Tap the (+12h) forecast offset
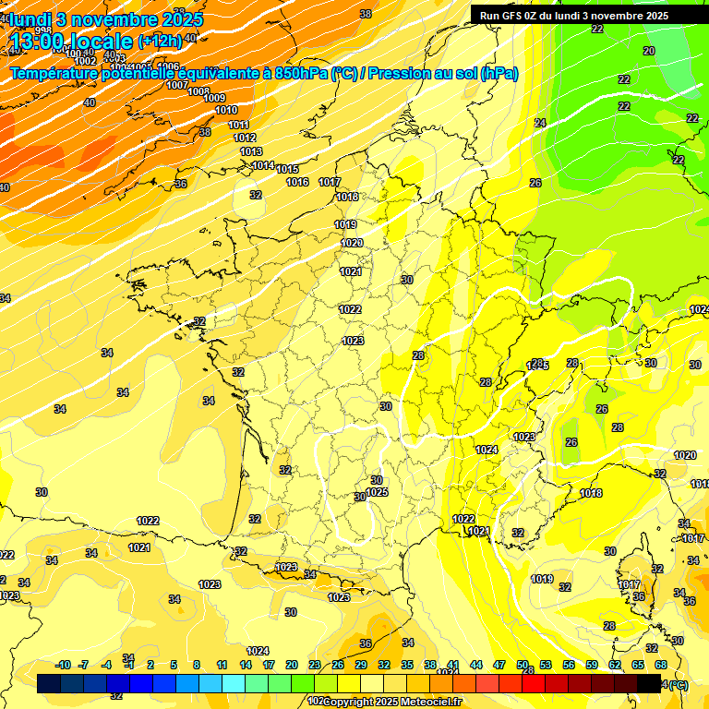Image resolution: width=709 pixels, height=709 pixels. pyautogui.click(x=160, y=41)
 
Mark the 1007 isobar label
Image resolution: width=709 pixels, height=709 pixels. pyautogui.click(x=177, y=85)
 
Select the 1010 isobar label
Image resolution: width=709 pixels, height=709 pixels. pyautogui.click(x=226, y=110)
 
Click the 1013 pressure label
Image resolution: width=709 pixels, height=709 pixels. pyautogui.click(x=250, y=151)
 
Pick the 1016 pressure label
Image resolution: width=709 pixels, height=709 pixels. pyautogui.click(x=297, y=182)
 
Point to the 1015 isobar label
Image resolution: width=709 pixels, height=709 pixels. pyautogui.click(x=287, y=169)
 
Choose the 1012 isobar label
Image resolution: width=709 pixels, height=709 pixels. pyautogui.click(x=245, y=138)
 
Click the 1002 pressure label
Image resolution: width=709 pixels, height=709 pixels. pyautogui.click(x=86, y=61)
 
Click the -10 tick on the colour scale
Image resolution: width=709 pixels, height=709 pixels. pyautogui.click(x=63, y=665)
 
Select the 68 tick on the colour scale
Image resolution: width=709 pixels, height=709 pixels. pyautogui.click(x=661, y=665)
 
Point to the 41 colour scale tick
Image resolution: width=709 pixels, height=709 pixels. pyautogui.click(x=453, y=665)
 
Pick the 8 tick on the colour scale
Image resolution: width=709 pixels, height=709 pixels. pyautogui.click(x=197, y=665)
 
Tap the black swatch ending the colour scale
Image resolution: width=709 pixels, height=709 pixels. pyautogui.click(x=649, y=683)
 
